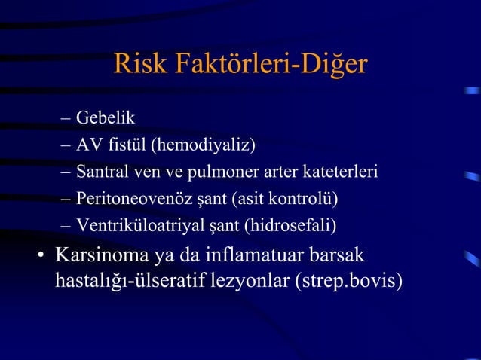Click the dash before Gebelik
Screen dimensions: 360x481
click(x=65, y=119)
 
